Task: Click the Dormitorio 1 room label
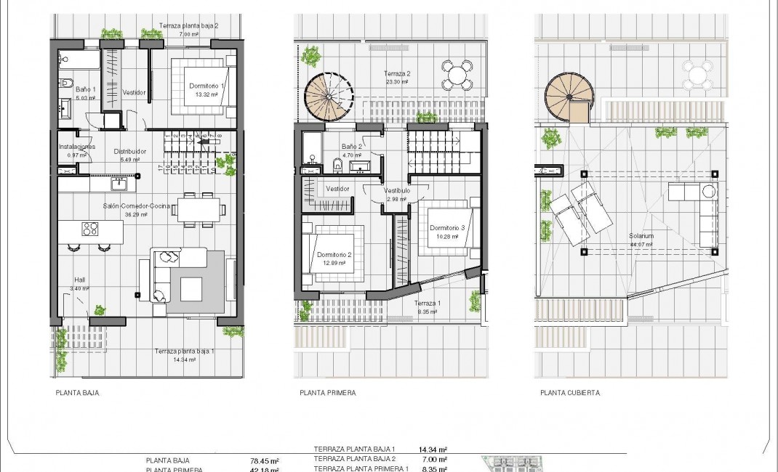[207, 86]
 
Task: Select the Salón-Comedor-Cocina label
[137, 206]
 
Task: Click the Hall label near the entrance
[79, 280]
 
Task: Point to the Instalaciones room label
[76, 147]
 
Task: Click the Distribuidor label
[130, 152]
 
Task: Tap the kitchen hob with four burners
[90, 229]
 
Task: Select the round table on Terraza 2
[457, 73]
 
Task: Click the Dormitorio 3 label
[446, 228]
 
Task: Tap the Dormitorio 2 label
[334, 255]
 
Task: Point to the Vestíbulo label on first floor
[397, 190]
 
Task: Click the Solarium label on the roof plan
[641, 237]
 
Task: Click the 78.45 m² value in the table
[265, 460]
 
